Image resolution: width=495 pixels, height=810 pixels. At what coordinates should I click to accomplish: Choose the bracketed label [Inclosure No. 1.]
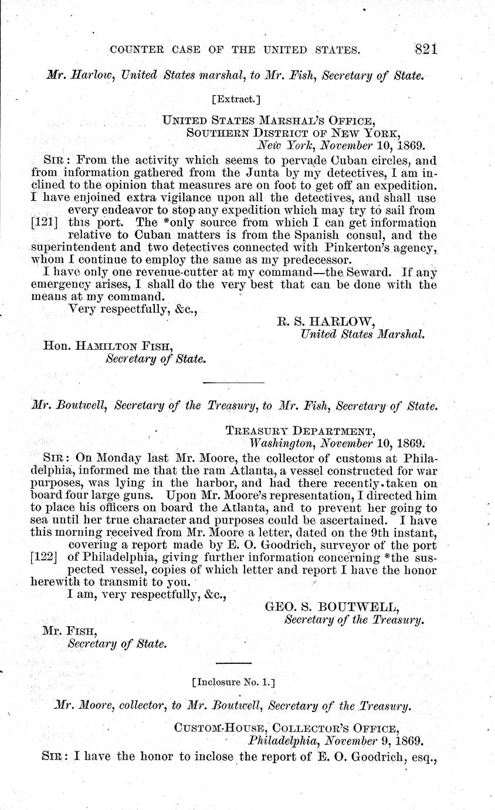(x=233, y=682)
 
